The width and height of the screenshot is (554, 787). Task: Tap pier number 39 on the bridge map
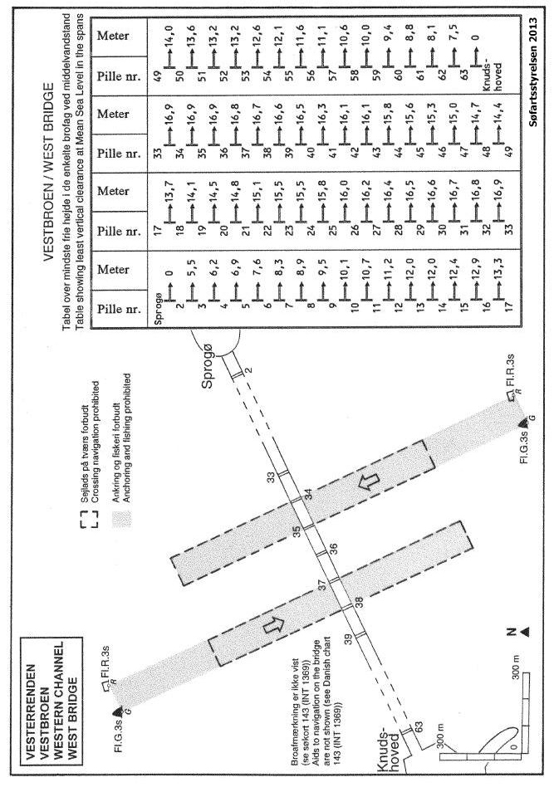click(x=360, y=635)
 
